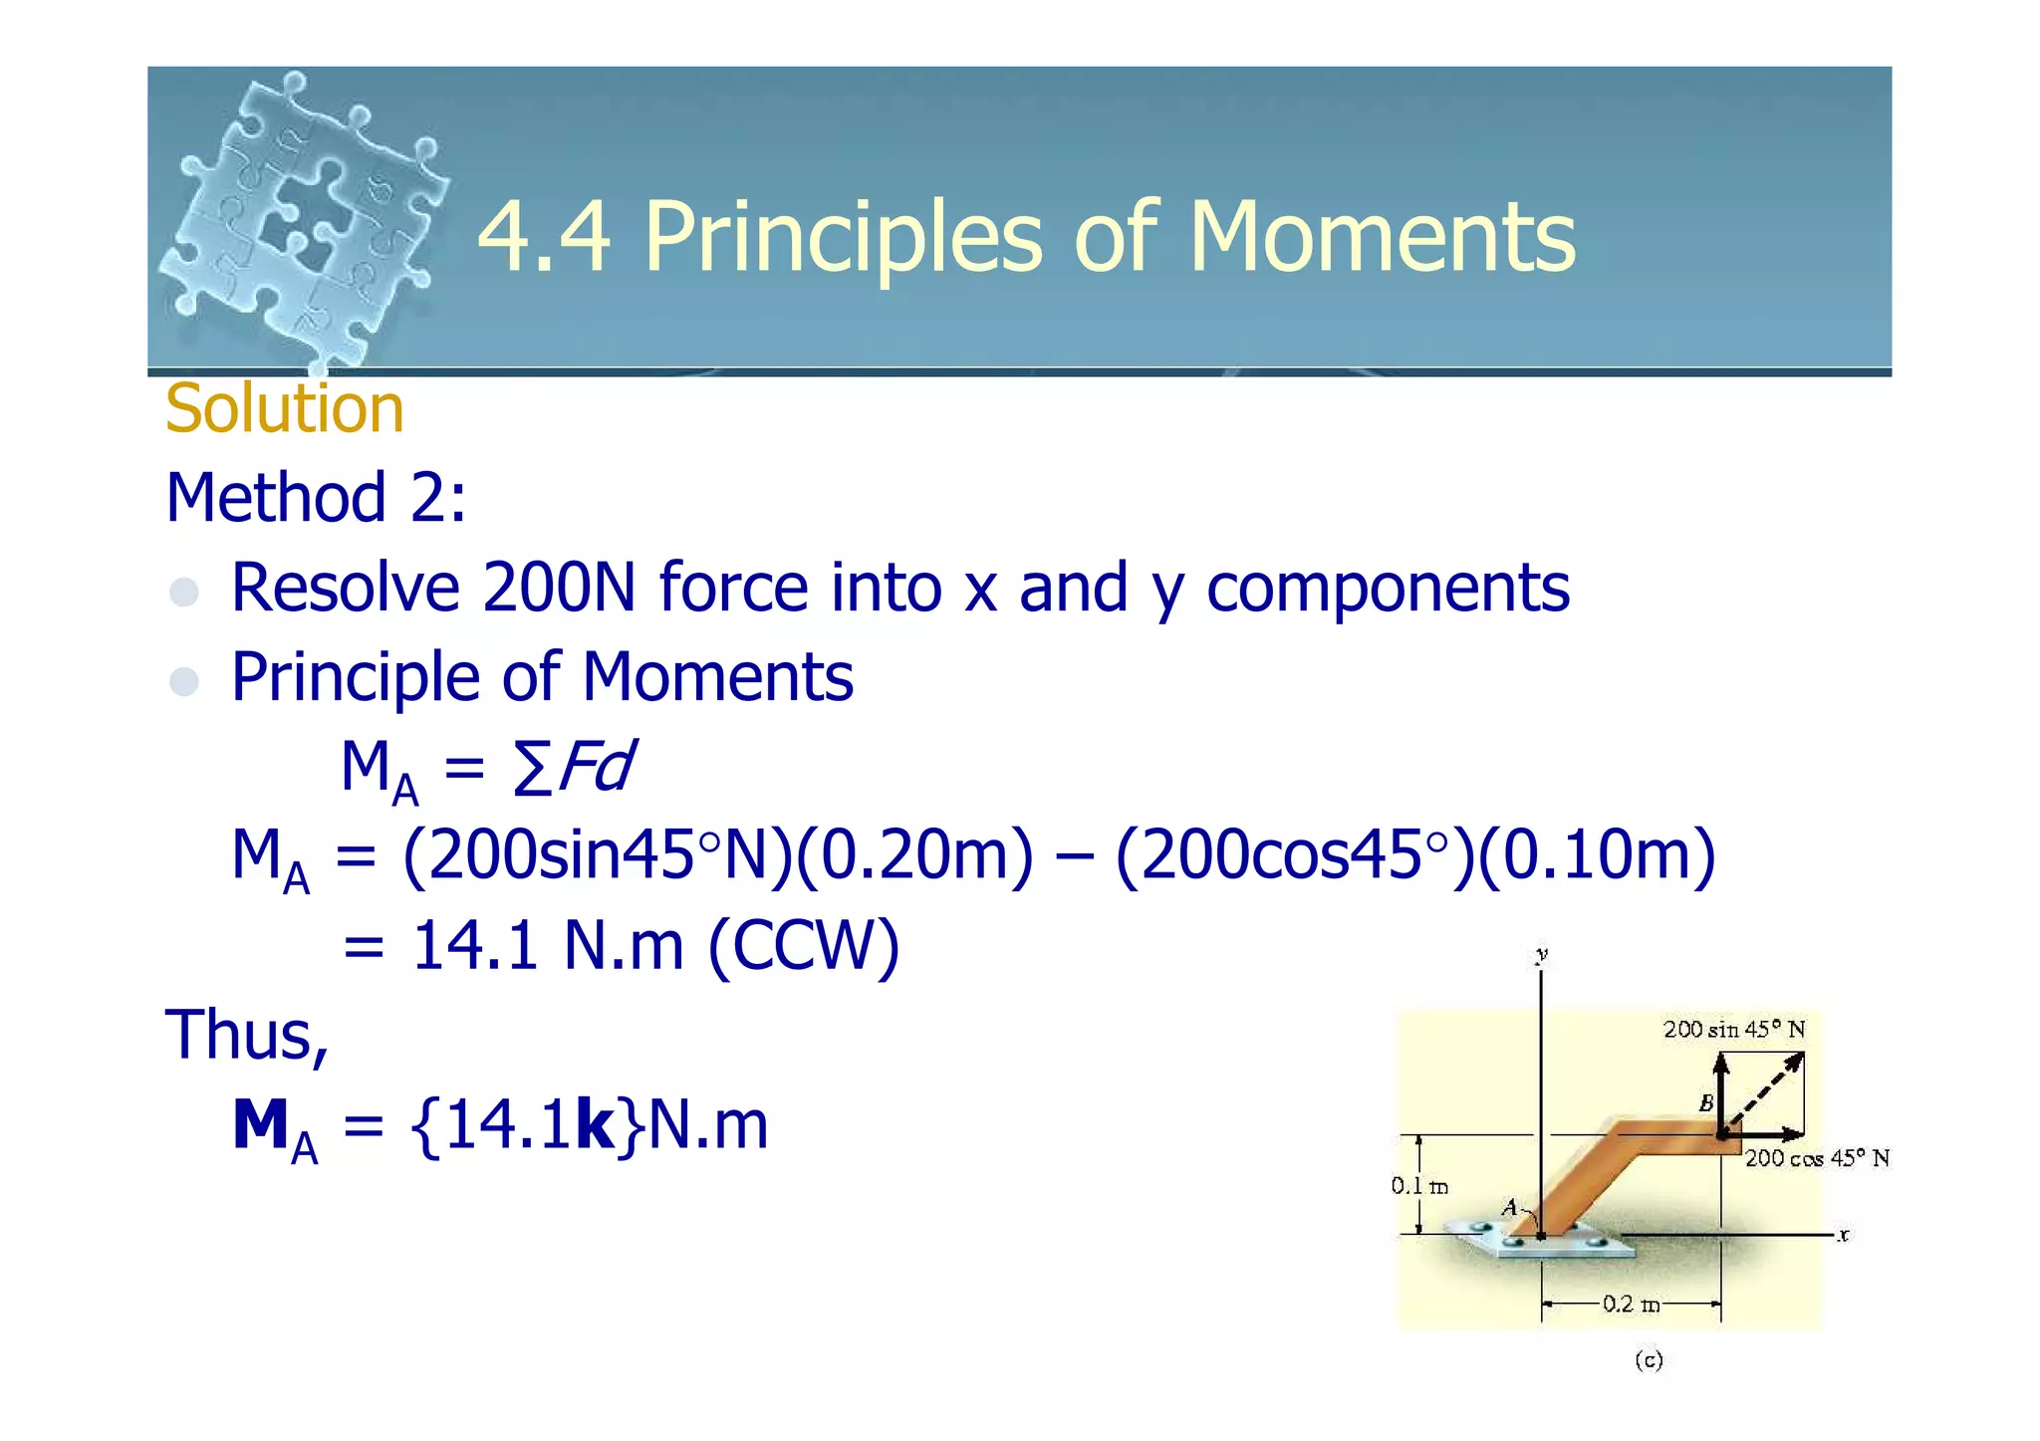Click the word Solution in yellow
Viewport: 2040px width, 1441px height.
(284, 408)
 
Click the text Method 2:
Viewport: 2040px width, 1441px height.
(316, 497)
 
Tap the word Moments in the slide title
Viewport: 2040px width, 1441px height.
(1382, 236)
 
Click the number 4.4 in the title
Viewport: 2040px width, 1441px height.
(544, 236)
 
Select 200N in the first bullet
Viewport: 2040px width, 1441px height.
(559, 587)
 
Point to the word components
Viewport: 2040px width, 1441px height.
(1388, 589)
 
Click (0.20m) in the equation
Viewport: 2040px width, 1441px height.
(915, 855)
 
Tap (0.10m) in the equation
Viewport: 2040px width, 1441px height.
(1596, 855)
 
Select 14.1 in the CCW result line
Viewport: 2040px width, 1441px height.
(475, 945)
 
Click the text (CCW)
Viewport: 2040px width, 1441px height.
(804, 945)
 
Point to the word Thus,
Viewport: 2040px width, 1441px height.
(247, 1035)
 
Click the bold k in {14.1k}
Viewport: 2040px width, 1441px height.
(595, 1125)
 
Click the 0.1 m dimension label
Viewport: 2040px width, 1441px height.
(1418, 1186)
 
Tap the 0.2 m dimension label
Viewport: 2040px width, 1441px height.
(1631, 1304)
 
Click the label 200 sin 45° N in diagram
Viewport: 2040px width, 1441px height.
(1733, 1030)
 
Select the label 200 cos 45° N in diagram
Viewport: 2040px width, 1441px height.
(1816, 1158)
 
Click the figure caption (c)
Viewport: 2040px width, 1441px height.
(1649, 1360)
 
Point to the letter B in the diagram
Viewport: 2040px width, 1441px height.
(1705, 1103)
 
